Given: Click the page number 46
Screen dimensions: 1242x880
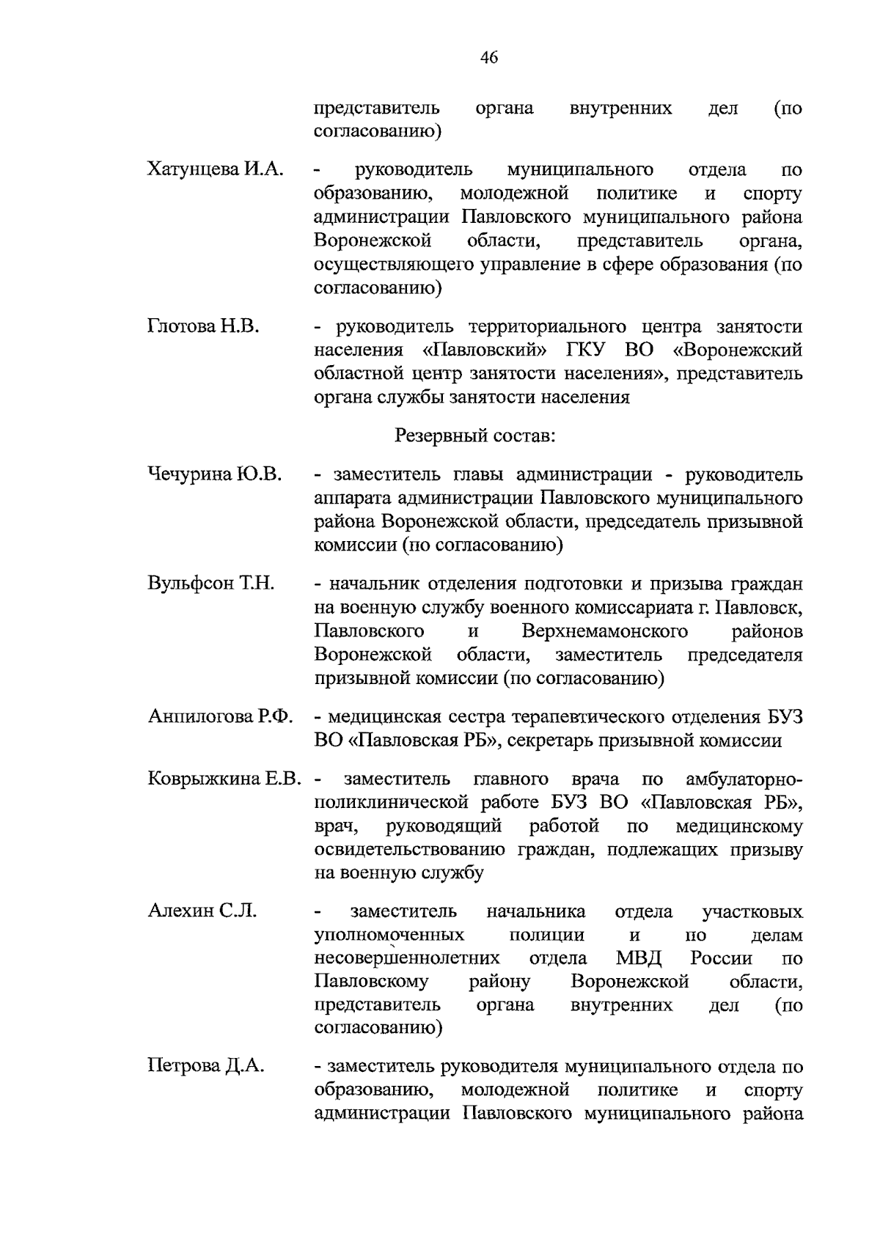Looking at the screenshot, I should pos(489,57).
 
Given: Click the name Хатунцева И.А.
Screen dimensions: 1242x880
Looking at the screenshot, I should pos(216,170).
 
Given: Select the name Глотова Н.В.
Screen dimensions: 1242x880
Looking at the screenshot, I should pos(203,326).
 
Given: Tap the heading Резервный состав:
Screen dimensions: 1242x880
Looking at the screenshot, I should pos(475,436).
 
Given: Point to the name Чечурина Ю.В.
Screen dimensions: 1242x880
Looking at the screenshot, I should pos(215,474).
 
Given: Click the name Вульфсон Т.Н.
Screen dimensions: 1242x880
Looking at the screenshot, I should pos(210,584).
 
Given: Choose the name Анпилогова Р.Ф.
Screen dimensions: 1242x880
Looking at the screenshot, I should pos(220,716).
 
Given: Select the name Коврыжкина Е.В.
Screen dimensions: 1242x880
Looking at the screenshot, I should pos(224,779).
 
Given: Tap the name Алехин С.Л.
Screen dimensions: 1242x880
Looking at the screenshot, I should pos(202,911).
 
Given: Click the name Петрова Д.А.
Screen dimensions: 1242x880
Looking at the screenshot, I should pos(205,1066).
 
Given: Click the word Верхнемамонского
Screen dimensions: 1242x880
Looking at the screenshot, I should pos(605,631).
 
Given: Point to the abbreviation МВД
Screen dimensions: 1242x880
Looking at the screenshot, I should pos(639,958).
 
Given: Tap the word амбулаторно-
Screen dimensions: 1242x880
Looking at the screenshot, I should pos(744,779).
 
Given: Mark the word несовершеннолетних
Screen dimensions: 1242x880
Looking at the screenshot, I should pos(407,958).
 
